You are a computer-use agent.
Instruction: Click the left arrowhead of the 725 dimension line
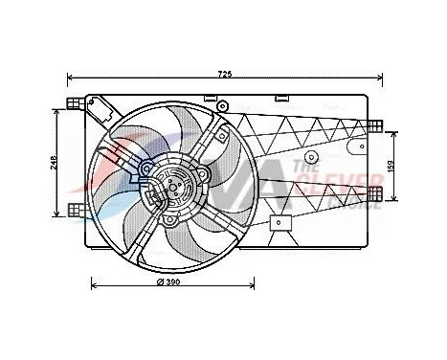pos(70,78)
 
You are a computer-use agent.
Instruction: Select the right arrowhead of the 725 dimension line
pos(380,78)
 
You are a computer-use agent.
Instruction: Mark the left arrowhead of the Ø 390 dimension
pos(93,283)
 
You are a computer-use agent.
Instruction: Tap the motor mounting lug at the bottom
pos(170,221)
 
